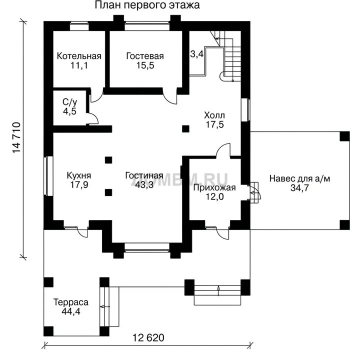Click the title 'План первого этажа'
coord(147,5)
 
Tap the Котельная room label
coord(79,56)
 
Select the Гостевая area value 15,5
coord(145,65)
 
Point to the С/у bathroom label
coord(70,102)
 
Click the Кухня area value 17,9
coord(79,185)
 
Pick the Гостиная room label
coord(144,175)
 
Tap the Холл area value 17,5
coord(214,124)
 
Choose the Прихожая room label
coord(214,187)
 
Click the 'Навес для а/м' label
coord(299,178)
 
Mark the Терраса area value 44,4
coord(71,311)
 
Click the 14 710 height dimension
coord(16,138)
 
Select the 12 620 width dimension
coord(148,337)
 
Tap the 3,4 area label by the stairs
coord(197,54)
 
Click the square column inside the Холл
coord(185,129)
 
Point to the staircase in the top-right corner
coord(226,56)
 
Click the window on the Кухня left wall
coord(48,176)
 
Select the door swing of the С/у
coord(94,118)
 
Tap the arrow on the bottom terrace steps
coord(218,290)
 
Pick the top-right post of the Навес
coord(344,136)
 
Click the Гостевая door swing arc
coord(170,97)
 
